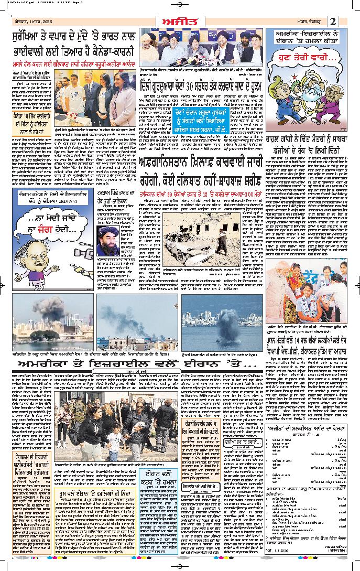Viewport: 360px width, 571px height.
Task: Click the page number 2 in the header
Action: coord(333,21)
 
